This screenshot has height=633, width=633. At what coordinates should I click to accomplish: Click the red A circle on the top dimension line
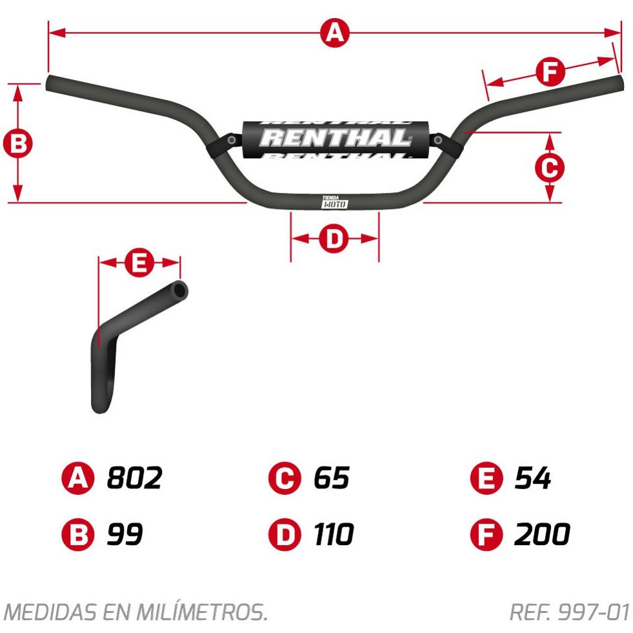pyautogui.click(x=335, y=33)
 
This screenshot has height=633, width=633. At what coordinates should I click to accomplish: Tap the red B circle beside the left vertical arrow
pyautogui.click(x=18, y=143)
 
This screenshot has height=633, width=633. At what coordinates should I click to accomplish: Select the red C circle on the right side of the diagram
pyautogui.click(x=549, y=167)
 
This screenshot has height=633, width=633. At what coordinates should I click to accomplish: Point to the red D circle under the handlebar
pyautogui.click(x=334, y=239)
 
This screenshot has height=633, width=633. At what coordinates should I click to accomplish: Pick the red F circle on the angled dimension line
pyautogui.click(x=550, y=72)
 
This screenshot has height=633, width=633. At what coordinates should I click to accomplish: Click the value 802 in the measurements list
pyautogui.click(x=134, y=478)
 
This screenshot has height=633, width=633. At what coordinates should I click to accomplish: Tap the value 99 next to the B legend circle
pyautogui.click(x=125, y=534)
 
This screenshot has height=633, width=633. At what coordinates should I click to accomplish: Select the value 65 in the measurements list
pyautogui.click(x=332, y=478)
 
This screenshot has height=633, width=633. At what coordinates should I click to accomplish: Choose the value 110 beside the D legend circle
pyautogui.click(x=334, y=534)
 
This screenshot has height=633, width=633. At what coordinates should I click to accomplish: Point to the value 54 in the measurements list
pyautogui.click(x=533, y=478)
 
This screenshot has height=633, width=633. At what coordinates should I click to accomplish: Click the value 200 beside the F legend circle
pyautogui.click(x=542, y=534)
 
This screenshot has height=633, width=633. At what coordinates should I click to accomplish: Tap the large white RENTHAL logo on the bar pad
pyautogui.click(x=335, y=137)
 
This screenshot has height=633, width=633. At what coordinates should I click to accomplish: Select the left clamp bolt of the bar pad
pyautogui.click(x=232, y=140)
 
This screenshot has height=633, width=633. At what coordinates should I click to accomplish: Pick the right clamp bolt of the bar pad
pyautogui.click(x=438, y=140)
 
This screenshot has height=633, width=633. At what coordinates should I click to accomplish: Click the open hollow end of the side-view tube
pyautogui.click(x=179, y=290)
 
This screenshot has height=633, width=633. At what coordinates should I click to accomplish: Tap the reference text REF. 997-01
pyautogui.click(x=570, y=612)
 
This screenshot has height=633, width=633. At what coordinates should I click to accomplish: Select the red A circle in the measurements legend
pyautogui.click(x=77, y=478)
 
